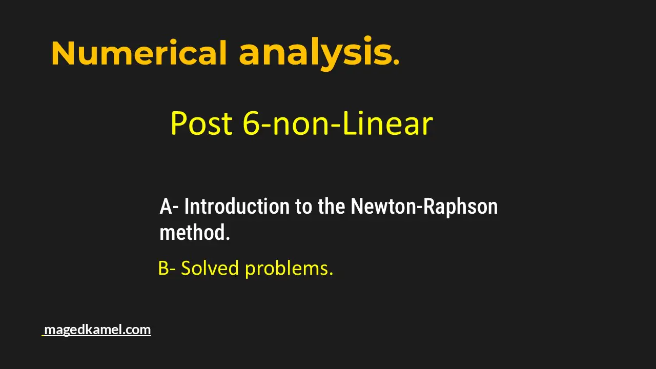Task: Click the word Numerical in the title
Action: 139,53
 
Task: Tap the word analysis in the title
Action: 315,53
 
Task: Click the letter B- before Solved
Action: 167,268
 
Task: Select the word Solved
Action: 210,268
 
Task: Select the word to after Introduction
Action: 304,207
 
